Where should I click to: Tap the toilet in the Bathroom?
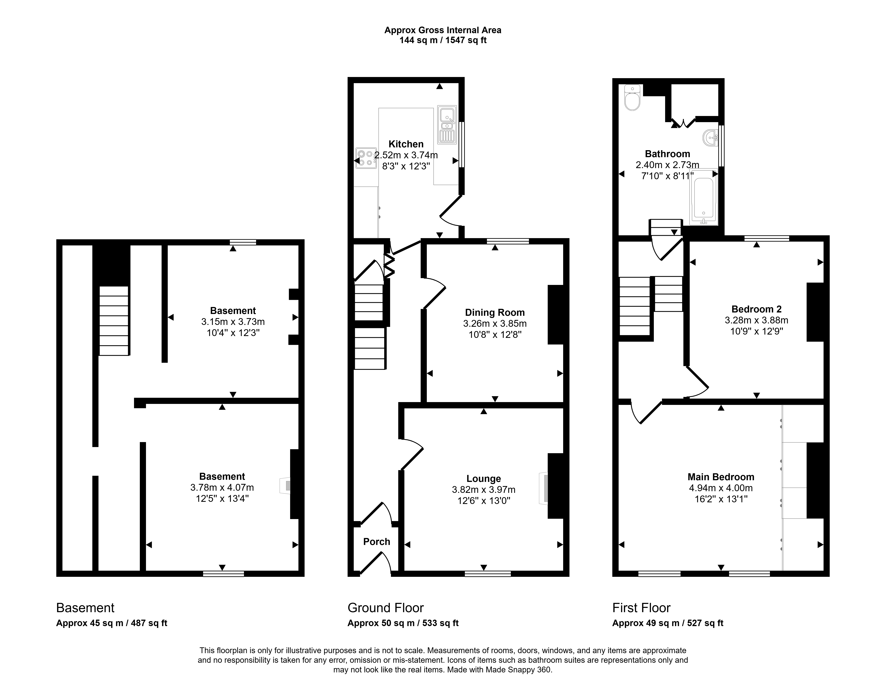632,97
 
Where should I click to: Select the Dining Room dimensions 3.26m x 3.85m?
495,323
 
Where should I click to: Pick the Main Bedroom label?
721,477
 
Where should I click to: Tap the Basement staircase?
114,321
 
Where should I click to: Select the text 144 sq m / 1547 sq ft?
443,40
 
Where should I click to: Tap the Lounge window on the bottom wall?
488,573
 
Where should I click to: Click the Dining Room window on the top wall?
508,241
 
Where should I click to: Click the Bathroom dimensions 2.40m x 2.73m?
667,165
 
